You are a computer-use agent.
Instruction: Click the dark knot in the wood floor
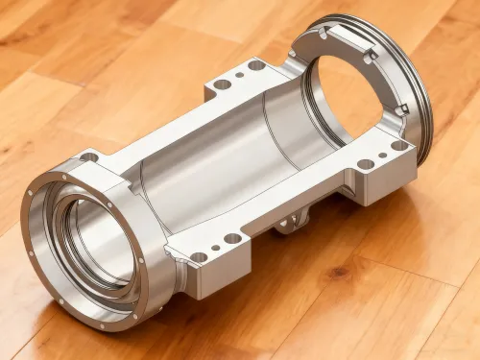click(x=338, y=273)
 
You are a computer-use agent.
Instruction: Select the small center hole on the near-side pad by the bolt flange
click(x=215, y=248)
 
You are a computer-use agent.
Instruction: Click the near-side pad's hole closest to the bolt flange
click(x=199, y=257)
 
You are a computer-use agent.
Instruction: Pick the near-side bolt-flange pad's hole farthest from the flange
click(x=232, y=238)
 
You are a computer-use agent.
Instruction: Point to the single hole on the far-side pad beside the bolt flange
click(x=88, y=156)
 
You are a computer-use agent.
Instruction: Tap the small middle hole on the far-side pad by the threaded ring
click(x=239, y=75)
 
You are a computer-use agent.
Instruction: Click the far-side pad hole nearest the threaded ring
click(x=256, y=65)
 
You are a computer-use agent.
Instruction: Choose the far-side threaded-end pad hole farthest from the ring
click(x=222, y=84)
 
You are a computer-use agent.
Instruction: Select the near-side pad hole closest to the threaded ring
click(x=398, y=146)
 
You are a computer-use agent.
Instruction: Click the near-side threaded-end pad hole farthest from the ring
click(x=365, y=164)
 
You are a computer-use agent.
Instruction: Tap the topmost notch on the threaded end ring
click(x=323, y=33)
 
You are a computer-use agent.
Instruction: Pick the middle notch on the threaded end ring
click(x=368, y=58)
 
